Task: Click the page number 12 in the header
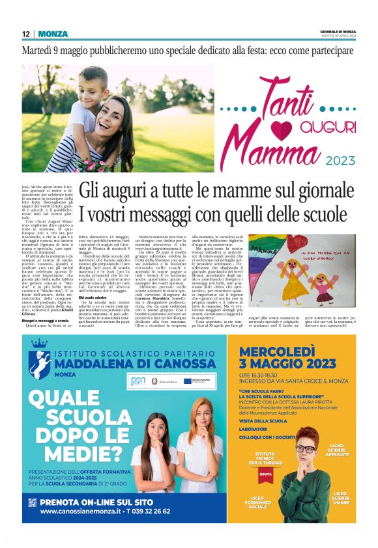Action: coord(26,34)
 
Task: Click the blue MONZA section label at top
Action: coord(52,34)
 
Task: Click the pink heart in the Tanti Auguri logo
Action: coord(270,124)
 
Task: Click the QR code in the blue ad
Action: coord(33,502)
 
